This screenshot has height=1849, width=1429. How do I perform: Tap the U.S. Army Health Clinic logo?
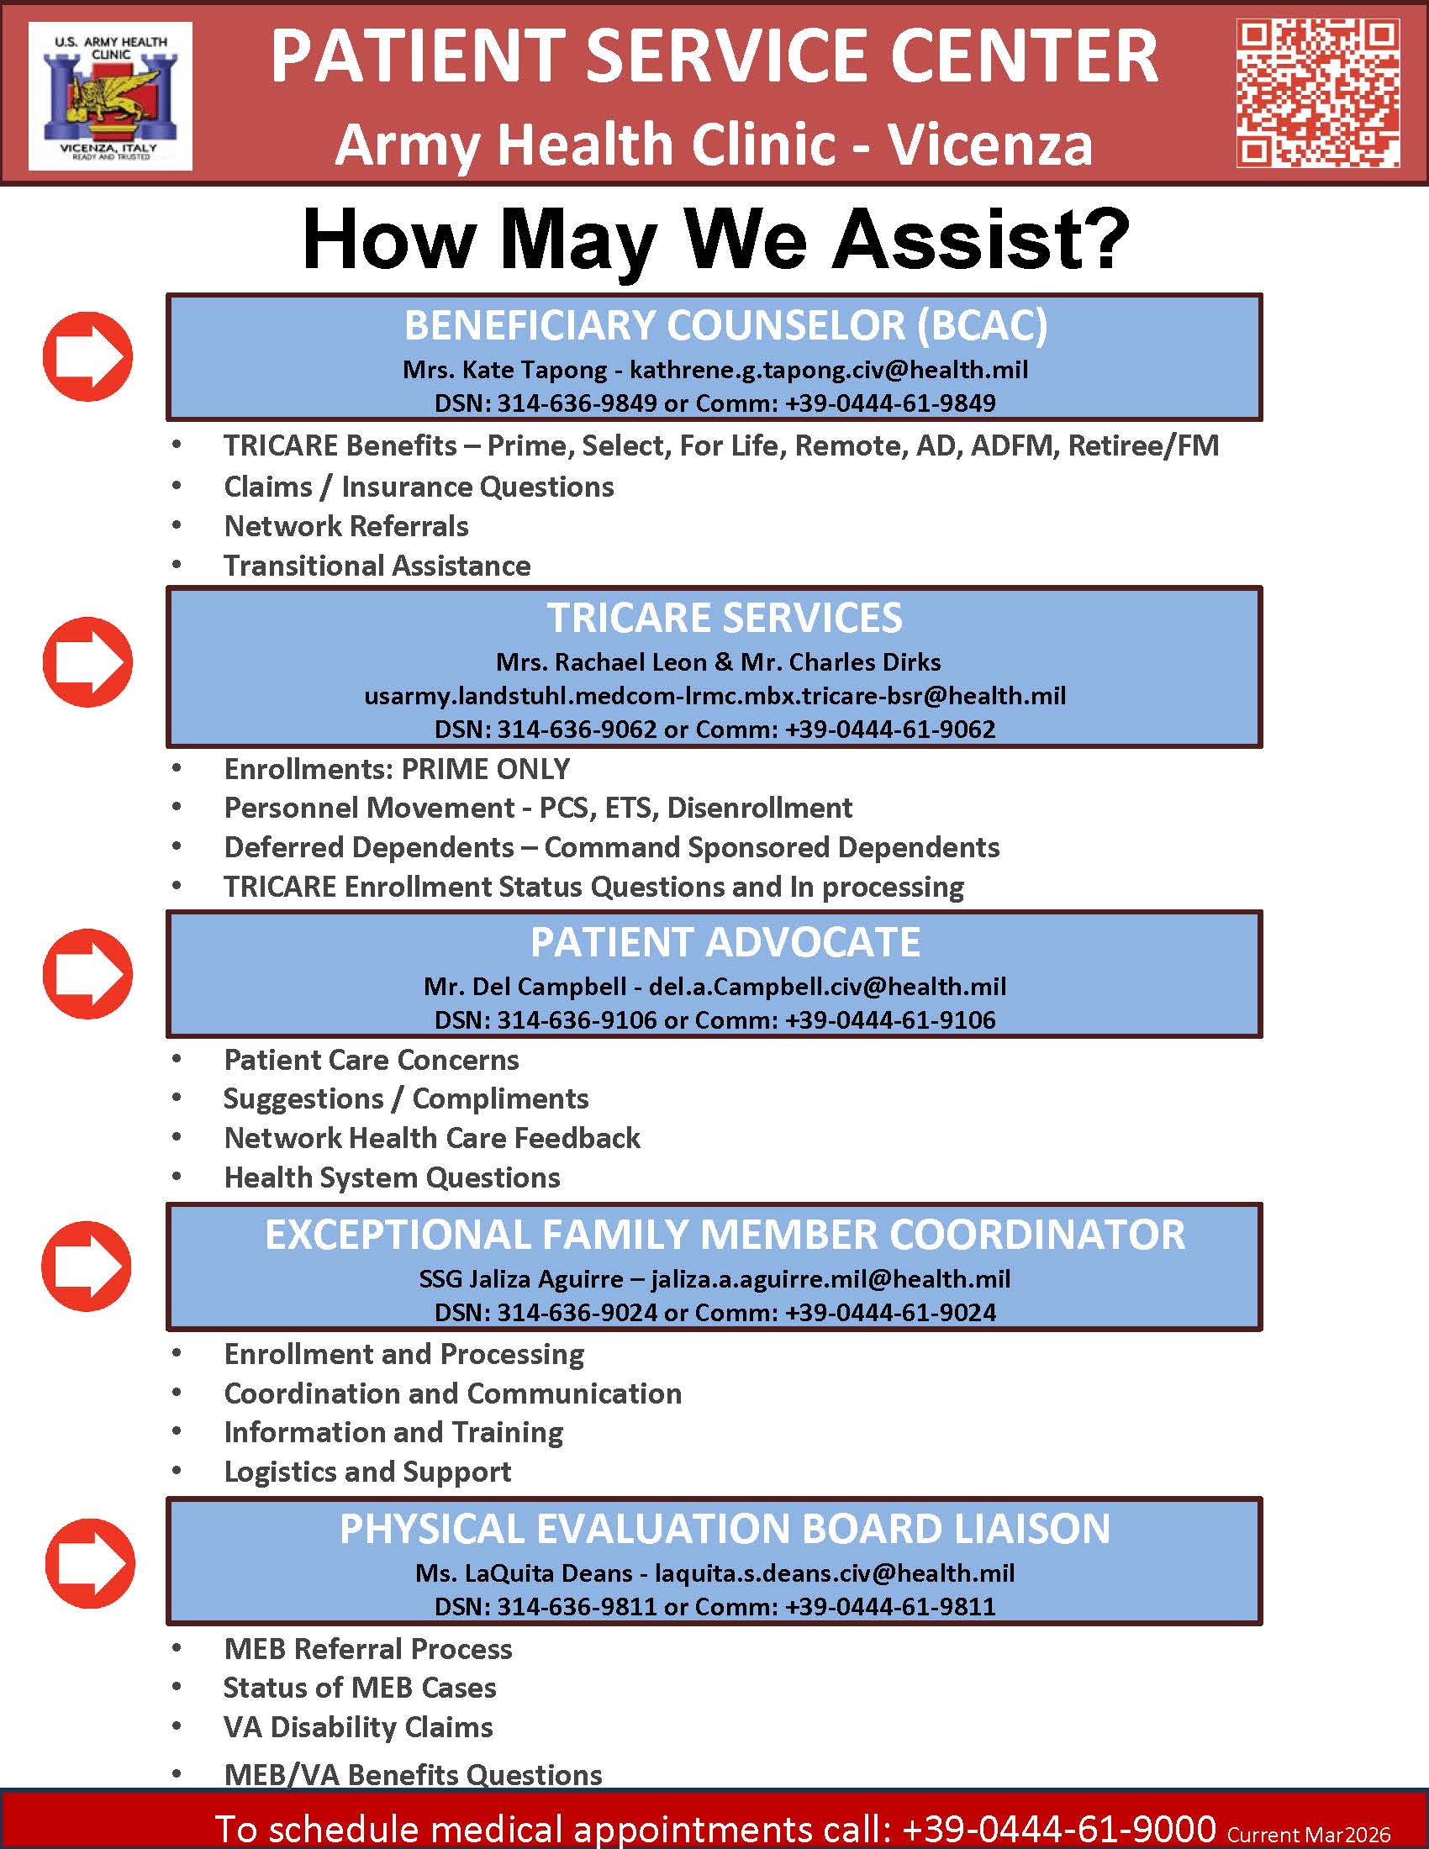[110, 96]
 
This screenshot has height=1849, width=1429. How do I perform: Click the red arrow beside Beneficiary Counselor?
[87, 356]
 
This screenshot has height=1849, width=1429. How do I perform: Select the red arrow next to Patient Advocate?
[87, 973]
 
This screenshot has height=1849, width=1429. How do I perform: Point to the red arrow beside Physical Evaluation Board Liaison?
[89, 1563]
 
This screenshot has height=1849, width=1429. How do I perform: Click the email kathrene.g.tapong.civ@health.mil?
[829, 370]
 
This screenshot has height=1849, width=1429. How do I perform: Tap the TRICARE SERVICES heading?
[724, 618]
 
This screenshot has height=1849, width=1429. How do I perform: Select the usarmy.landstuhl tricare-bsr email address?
[714, 696]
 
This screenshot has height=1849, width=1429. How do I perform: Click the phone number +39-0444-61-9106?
[890, 1019]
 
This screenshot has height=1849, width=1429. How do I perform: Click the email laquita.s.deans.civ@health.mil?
[835, 1573]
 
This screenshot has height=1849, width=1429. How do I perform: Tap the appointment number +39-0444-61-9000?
[1059, 1828]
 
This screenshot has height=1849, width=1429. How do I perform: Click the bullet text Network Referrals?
[345, 527]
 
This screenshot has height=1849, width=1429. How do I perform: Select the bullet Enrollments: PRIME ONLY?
[396, 769]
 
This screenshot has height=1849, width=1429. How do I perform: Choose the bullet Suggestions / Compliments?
[405, 1099]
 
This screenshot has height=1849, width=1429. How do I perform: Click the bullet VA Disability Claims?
[358, 1727]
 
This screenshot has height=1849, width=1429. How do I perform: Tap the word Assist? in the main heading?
[980, 239]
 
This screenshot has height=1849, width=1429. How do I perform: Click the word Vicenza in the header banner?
[989, 145]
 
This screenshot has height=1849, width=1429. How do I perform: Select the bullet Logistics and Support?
[367, 1472]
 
